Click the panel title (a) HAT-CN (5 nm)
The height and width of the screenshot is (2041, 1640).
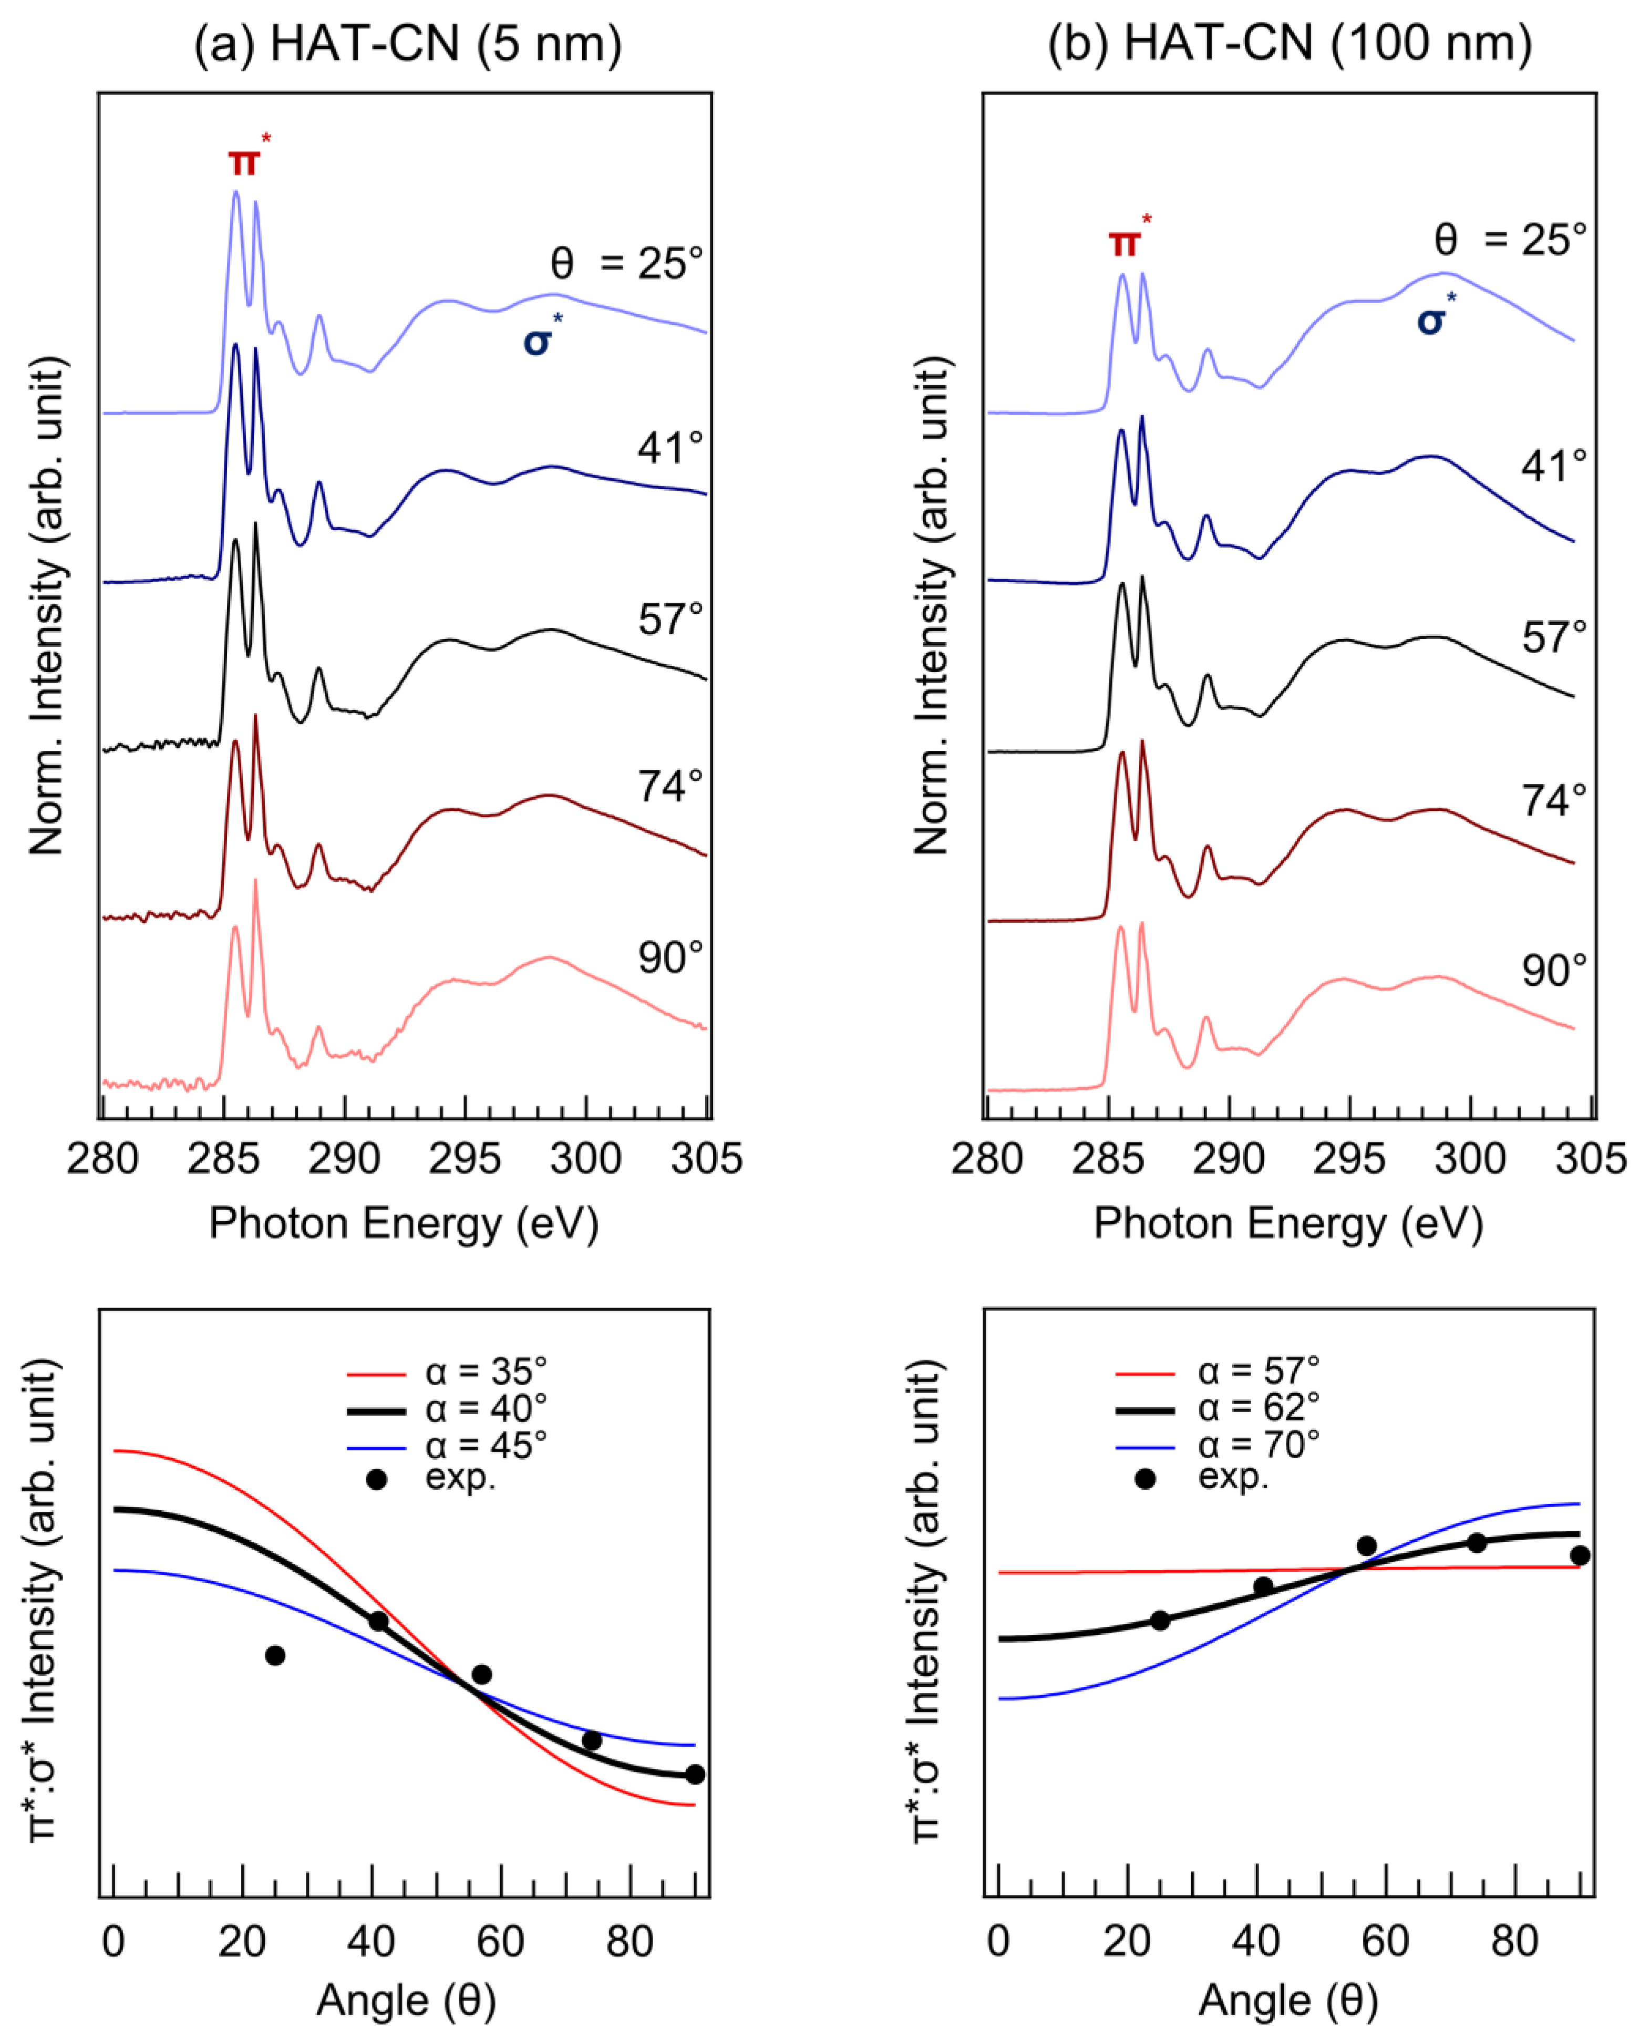(408, 45)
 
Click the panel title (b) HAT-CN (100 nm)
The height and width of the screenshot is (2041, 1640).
(1290, 45)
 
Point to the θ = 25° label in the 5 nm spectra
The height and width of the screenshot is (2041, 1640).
(627, 263)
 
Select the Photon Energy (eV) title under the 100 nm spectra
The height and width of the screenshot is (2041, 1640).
(1288, 1223)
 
